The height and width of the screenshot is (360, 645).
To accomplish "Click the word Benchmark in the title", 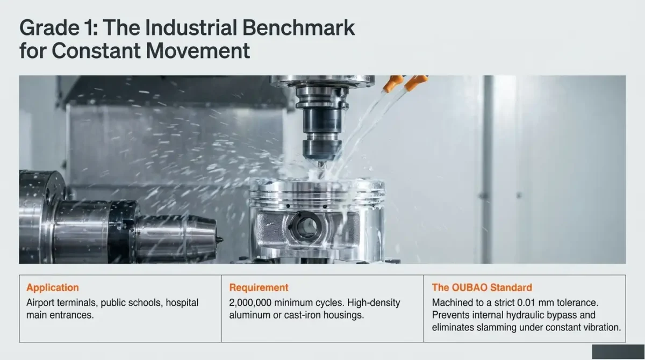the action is coord(299,27).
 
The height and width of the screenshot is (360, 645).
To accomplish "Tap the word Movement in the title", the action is coord(198,51).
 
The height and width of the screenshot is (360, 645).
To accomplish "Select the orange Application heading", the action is coord(53,287).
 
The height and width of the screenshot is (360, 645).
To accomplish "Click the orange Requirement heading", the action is coord(259,287).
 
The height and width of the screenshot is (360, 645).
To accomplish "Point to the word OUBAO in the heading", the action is coord(469,287).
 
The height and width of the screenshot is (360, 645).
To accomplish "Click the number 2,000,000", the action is coord(250,303).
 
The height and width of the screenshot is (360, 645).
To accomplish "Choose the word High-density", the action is coord(374,303).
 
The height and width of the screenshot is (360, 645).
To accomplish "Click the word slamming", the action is coord(495,327).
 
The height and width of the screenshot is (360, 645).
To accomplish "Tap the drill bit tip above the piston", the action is coord(322,167).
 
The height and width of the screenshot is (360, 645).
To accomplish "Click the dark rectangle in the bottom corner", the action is coord(619,351).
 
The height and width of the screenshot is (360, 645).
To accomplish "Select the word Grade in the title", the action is coord(49,27).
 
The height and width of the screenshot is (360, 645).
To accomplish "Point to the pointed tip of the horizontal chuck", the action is coord(221,240).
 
